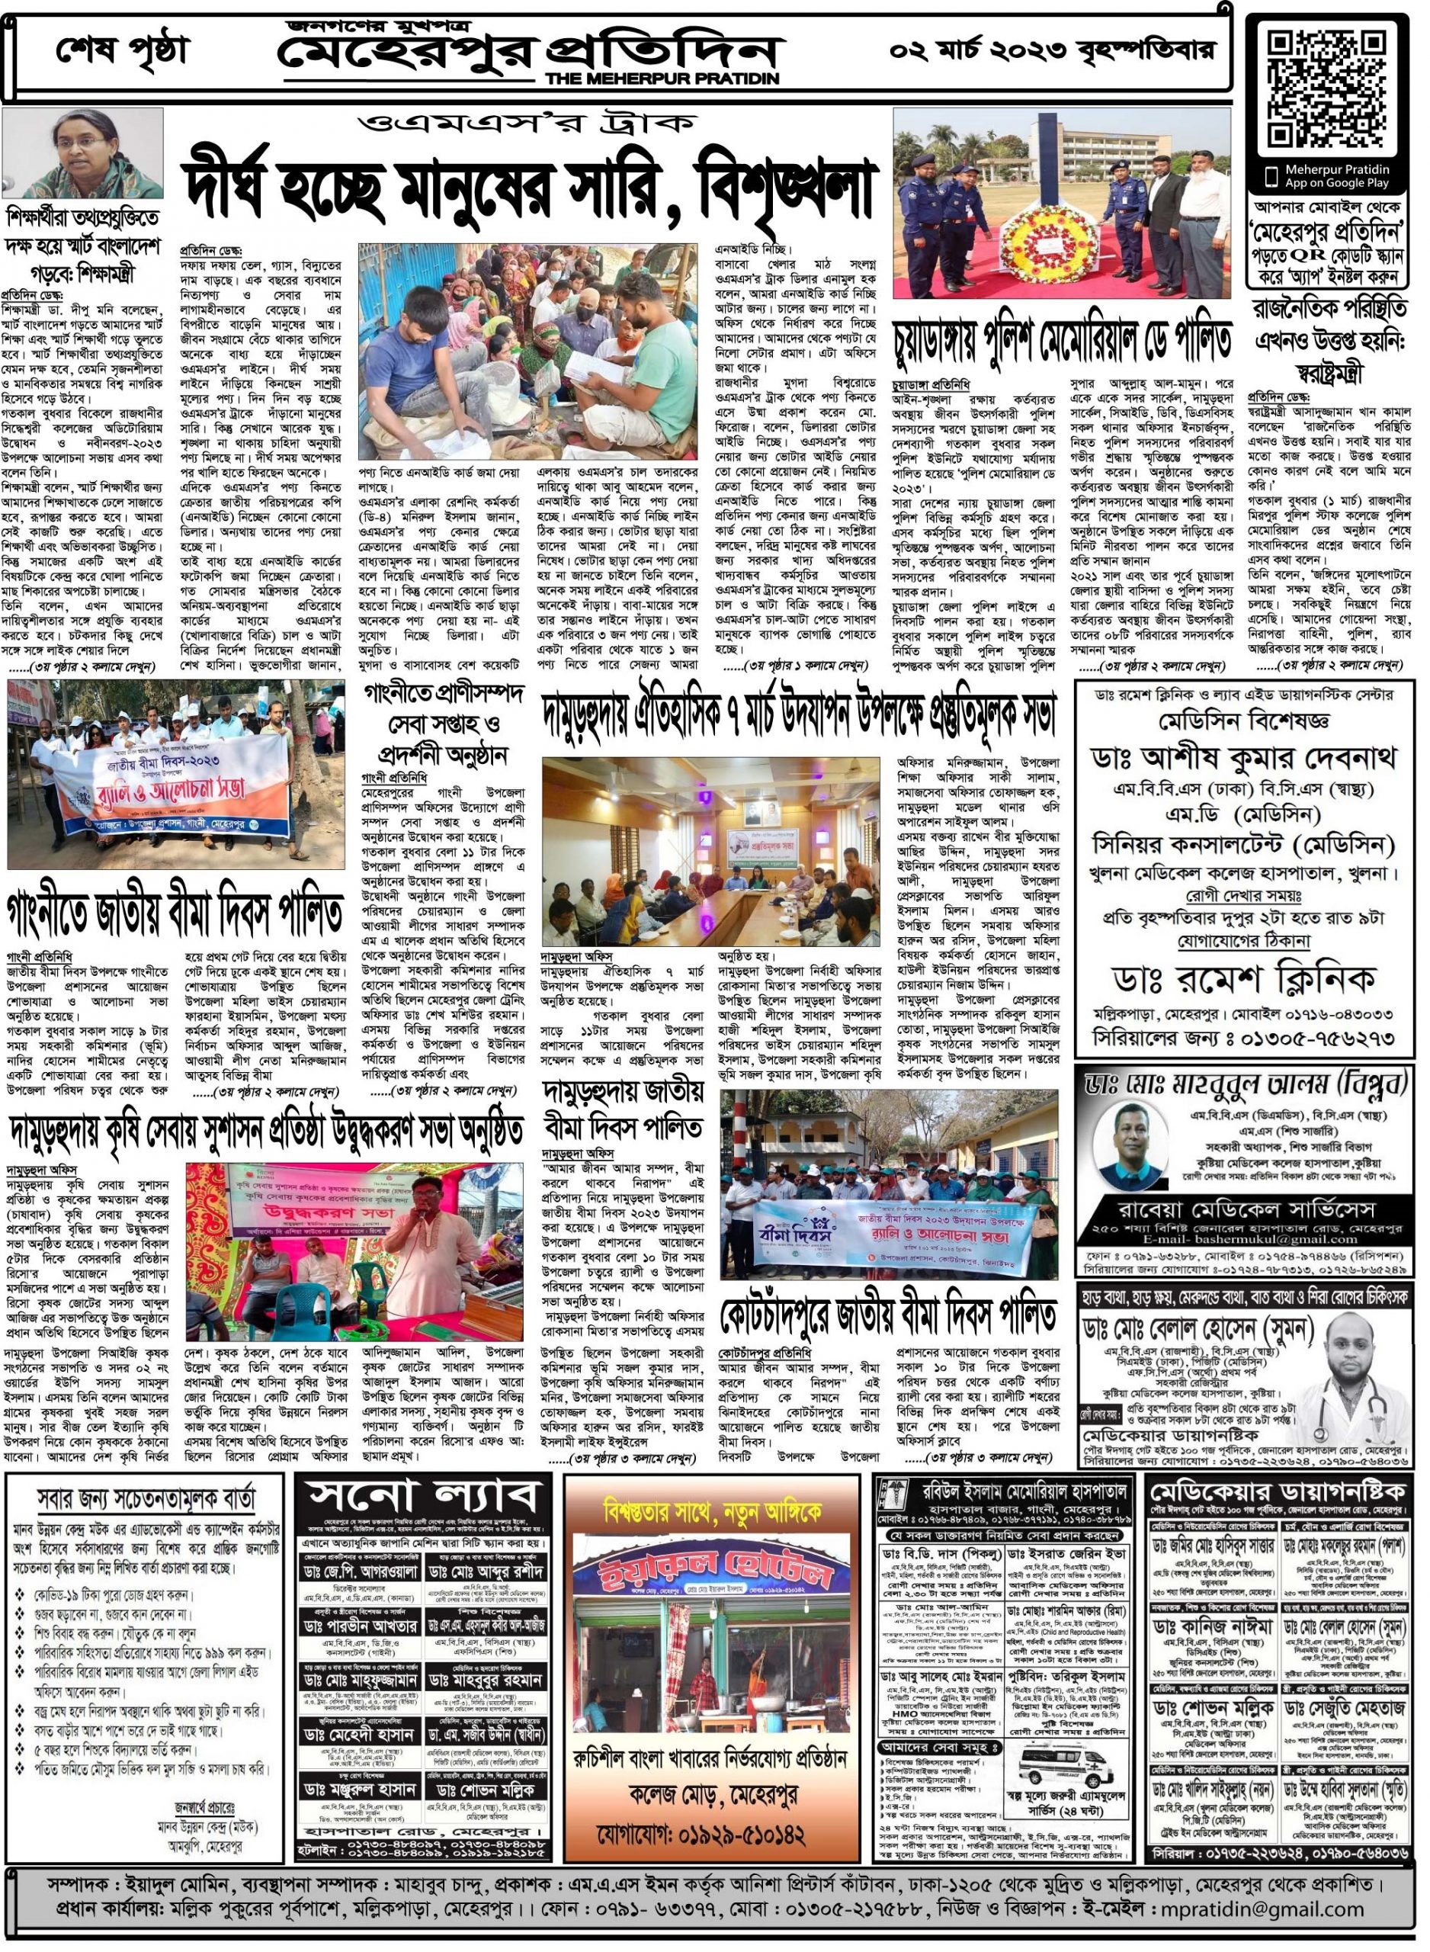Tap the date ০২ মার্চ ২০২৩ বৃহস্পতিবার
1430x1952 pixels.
(1051, 51)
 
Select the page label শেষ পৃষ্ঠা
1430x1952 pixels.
(121, 52)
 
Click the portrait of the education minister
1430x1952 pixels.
(83, 153)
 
